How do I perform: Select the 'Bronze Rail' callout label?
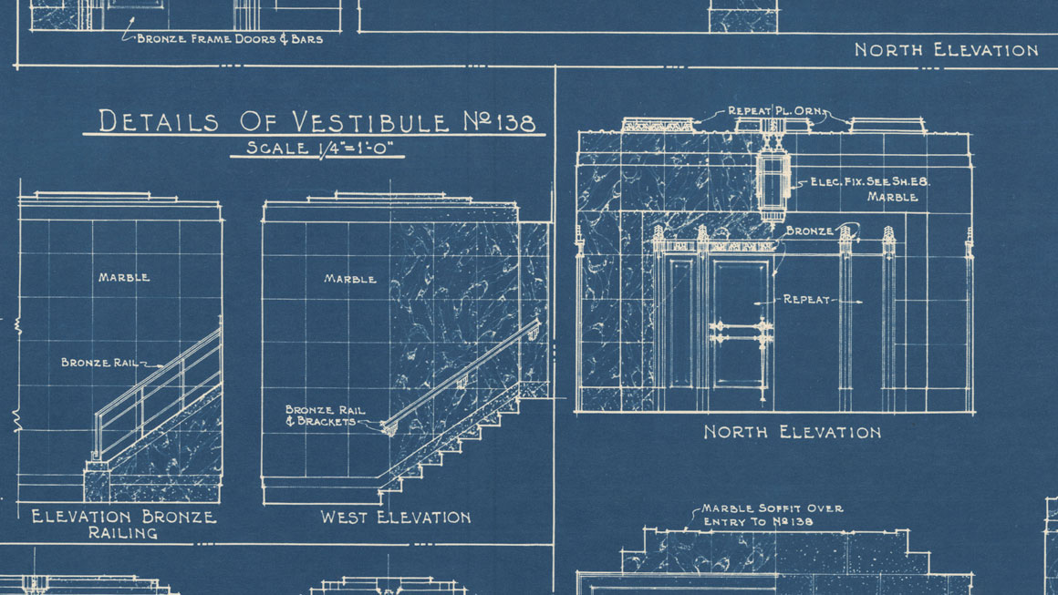click(x=99, y=363)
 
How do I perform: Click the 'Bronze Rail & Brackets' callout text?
click(x=325, y=415)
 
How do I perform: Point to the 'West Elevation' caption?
click(x=396, y=518)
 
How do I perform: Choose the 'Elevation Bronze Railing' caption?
click(x=124, y=525)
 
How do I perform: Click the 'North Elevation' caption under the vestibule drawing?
click(x=793, y=432)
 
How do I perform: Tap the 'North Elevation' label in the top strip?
click(x=946, y=50)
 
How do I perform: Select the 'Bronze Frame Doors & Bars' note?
click(x=230, y=39)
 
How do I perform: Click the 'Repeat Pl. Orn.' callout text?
click(x=776, y=110)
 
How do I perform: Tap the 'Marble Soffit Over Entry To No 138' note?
click(x=772, y=515)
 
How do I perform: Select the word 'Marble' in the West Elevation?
click(x=350, y=278)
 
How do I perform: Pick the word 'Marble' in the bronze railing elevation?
click(x=124, y=277)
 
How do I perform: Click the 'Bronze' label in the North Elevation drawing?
click(x=809, y=231)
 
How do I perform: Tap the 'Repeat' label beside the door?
click(x=805, y=299)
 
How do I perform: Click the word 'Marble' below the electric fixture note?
click(x=892, y=198)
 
